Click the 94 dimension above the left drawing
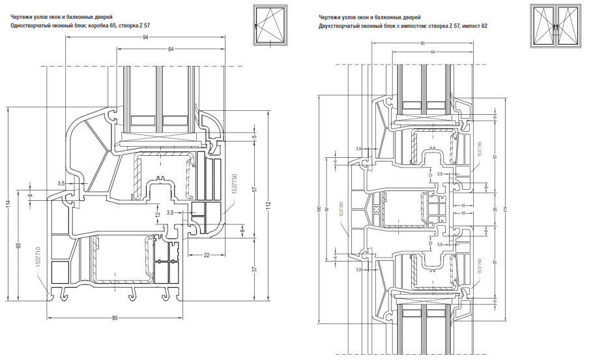pyautogui.click(x=146, y=37)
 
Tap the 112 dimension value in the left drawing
pyautogui.click(x=268, y=207)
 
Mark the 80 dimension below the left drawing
pyautogui.click(x=115, y=319)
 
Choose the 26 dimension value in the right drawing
pyautogui.click(x=495, y=209)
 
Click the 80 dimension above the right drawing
pyautogui.click(x=422, y=43)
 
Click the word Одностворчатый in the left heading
pyautogui.click(x=25, y=25)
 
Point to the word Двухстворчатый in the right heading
pyautogui.click(x=340, y=25)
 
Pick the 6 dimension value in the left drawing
pyautogui.click(x=30, y=196)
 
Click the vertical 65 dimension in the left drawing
pyautogui.click(x=19, y=245)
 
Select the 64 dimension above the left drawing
pyautogui.click(x=171, y=50)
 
